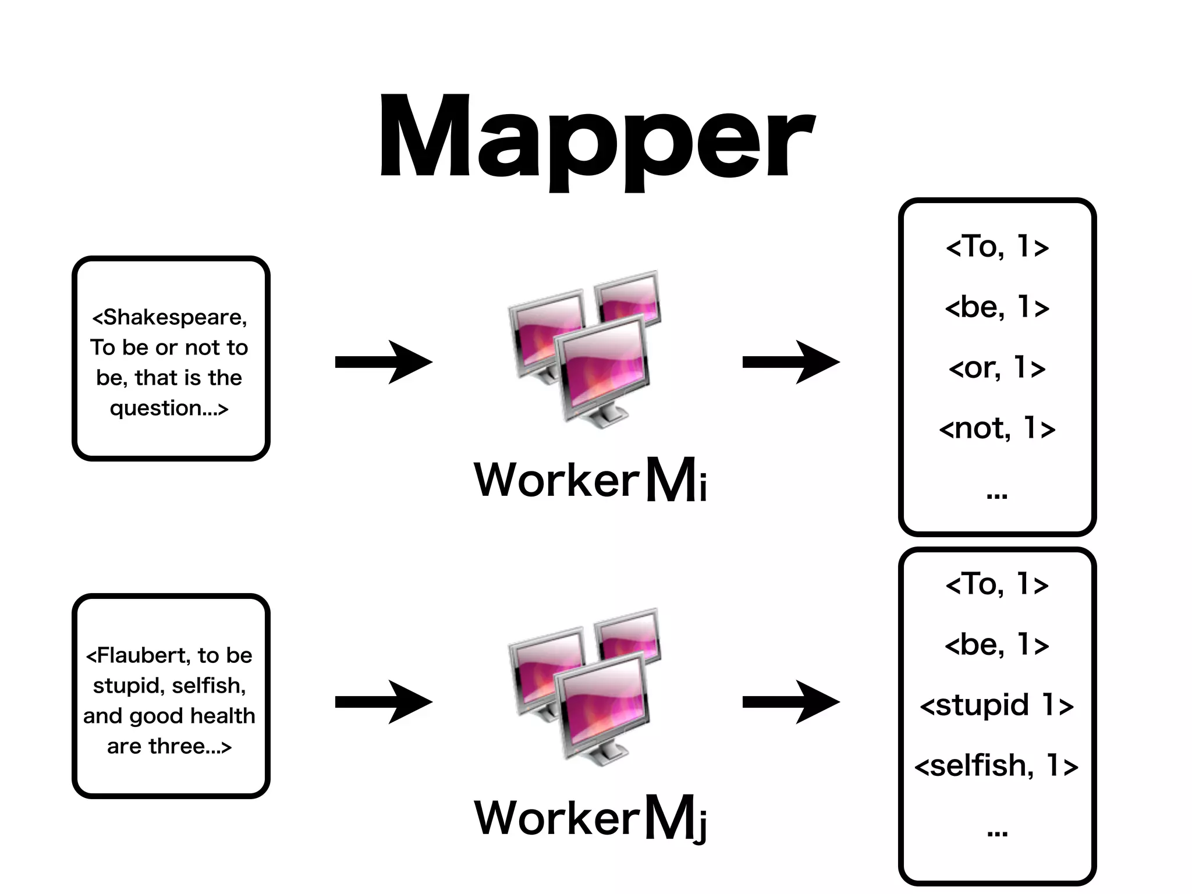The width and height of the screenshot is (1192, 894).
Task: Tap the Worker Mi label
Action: pyautogui.click(x=590, y=480)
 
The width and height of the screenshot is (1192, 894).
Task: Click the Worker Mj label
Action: pyautogui.click(x=590, y=818)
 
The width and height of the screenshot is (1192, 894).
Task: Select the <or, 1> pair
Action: pyautogui.click(x=997, y=368)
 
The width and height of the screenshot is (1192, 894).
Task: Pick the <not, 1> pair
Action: pyautogui.click(x=997, y=428)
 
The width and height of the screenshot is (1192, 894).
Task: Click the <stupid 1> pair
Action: pyautogui.click(x=997, y=705)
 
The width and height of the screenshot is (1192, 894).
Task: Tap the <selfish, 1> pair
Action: pyautogui.click(x=997, y=765)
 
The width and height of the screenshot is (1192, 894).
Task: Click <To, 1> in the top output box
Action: pyautogui.click(x=997, y=247)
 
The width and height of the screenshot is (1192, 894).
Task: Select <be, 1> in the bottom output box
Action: pyautogui.click(x=997, y=645)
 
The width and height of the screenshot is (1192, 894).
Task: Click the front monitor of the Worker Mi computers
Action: pyautogui.click(x=602, y=367)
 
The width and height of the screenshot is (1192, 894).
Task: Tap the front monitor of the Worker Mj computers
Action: pyautogui.click(x=602, y=704)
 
